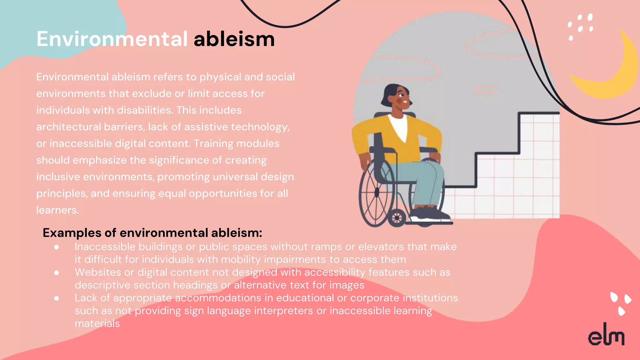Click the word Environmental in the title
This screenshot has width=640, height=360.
coord(112,39)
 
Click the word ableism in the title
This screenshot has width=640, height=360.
coord(234,39)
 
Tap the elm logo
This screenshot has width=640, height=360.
coord(606,335)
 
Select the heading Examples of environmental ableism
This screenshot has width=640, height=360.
coord(152,233)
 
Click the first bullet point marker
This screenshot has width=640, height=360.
coord(57,247)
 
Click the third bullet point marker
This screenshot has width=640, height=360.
coord(57,298)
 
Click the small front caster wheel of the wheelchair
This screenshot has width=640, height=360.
coord(397,217)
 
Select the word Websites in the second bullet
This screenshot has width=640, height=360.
coord(97,272)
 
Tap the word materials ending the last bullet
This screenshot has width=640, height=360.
coord(97,323)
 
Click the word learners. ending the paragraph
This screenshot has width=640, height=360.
coord(57,210)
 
